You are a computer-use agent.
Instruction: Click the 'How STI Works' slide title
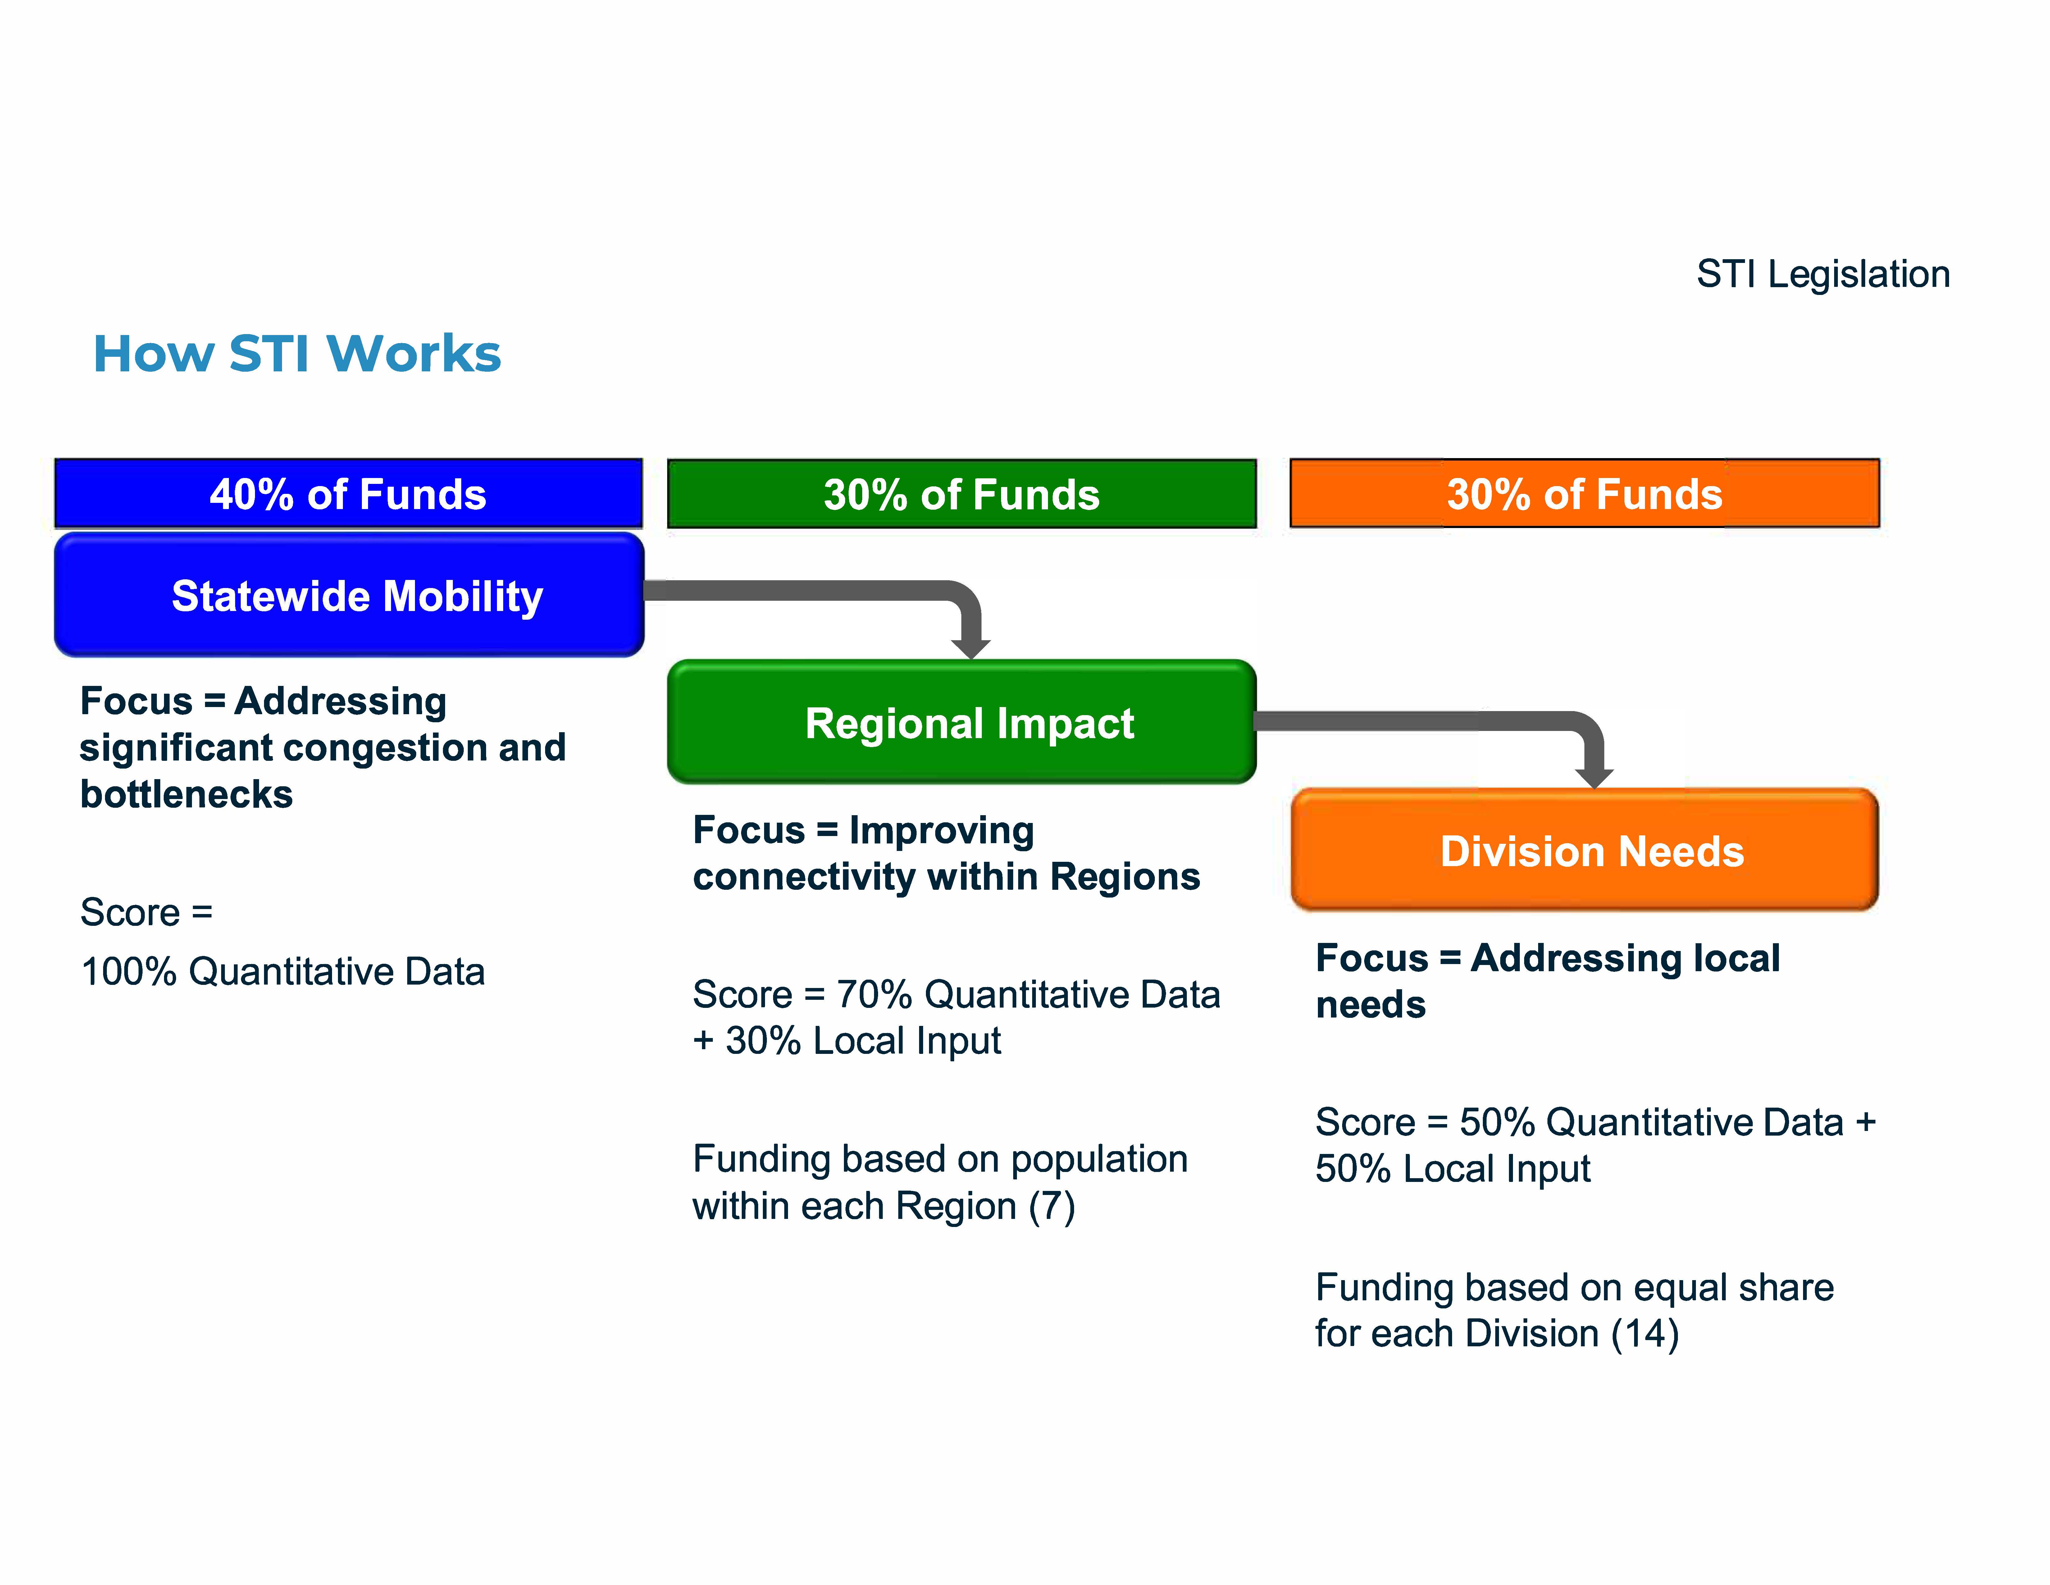(x=297, y=354)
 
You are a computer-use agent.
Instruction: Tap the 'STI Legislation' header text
(x=1823, y=274)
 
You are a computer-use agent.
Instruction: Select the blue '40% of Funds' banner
(x=348, y=493)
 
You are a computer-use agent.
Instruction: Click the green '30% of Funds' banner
(x=961, y=493)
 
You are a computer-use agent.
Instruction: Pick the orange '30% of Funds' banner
(x=1584, y=493)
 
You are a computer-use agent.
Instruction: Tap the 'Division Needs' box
(x=1584, y=850)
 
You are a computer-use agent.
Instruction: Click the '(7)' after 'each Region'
(x=1051, y=1206)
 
